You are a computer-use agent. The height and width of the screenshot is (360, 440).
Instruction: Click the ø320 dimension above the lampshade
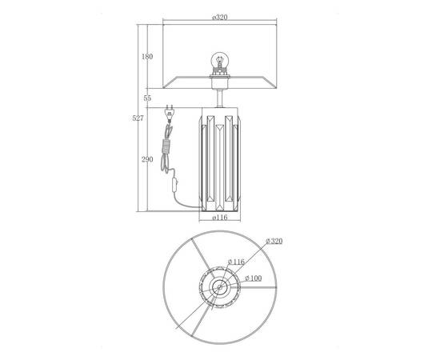220,17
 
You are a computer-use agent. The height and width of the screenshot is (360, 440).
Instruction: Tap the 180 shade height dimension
147,57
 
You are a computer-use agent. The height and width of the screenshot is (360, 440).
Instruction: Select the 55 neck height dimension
147,98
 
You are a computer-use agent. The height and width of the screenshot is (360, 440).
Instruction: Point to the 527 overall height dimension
138,118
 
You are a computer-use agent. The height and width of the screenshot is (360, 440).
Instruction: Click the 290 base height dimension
147,159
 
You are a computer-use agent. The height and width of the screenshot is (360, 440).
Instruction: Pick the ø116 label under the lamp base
220,217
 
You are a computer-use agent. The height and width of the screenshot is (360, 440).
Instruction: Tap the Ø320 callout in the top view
274,241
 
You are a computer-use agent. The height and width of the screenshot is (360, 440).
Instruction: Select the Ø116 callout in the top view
236,262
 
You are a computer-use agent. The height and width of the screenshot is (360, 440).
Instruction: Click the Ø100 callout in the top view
253,278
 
